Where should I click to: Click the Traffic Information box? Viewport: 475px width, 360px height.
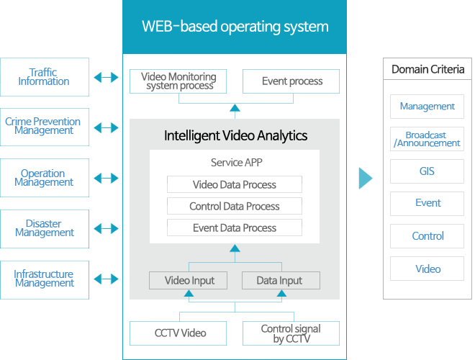(44, 77)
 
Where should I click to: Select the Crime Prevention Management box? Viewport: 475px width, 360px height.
(44, 127)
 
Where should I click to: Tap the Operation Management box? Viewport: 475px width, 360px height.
(44, 178)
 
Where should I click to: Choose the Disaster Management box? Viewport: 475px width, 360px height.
(44, 229)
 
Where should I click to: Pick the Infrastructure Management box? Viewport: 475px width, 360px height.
(44, 279)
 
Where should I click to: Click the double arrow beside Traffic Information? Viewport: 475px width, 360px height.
(106, 77)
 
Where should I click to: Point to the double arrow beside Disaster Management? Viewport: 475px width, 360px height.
(106, 229)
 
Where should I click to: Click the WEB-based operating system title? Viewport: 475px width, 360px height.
(235, 27)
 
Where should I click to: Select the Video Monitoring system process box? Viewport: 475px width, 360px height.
(178, 81)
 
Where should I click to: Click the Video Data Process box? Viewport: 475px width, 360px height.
(235, 184)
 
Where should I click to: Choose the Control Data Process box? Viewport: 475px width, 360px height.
(235, 206)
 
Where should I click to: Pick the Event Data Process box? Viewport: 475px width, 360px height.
(235, 228)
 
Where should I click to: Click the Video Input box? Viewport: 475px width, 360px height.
(189, 280)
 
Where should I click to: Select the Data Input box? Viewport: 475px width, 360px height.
(279, 280)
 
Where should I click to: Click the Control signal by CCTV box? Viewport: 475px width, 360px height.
(291, 333)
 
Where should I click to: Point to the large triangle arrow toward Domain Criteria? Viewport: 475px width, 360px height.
(366, 178)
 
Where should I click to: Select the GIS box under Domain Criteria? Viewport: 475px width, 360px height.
(427, 172)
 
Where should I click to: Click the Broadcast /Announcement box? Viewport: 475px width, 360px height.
(427, 139)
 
